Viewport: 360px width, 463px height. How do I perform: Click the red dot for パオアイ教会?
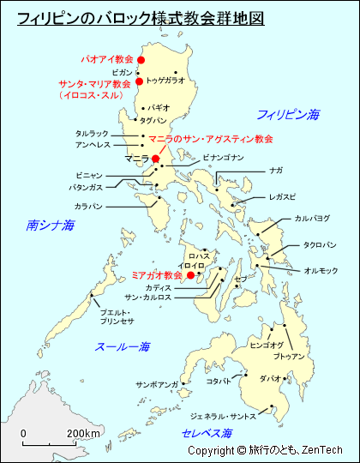[x=141, y=59]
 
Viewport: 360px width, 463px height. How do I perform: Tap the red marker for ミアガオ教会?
[x=190, y=275]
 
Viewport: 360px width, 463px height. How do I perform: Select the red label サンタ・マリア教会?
[x=95, y=84]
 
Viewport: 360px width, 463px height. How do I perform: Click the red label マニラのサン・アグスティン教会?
[x=211, y=138]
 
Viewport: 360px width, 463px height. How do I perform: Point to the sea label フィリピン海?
[x=288, y=114]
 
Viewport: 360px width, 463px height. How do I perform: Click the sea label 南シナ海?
[x=51, y=225]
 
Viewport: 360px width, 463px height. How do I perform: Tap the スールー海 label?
[x=123, y=347]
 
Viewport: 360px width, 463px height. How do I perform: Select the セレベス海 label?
[x=207, y=434]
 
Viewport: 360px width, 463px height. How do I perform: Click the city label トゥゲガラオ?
[x=165, y=80]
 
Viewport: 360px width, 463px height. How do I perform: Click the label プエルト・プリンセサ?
[x=116, y=316]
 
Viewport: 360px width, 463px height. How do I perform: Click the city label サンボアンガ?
[x=156, y=385]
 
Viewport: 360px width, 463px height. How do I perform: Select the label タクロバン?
[x=319, y=244]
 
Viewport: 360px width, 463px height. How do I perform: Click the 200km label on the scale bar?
[x=84, y=433]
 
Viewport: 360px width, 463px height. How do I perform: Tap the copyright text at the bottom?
[x=265, y=451]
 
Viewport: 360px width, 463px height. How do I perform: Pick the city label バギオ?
[x=159, y=108]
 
